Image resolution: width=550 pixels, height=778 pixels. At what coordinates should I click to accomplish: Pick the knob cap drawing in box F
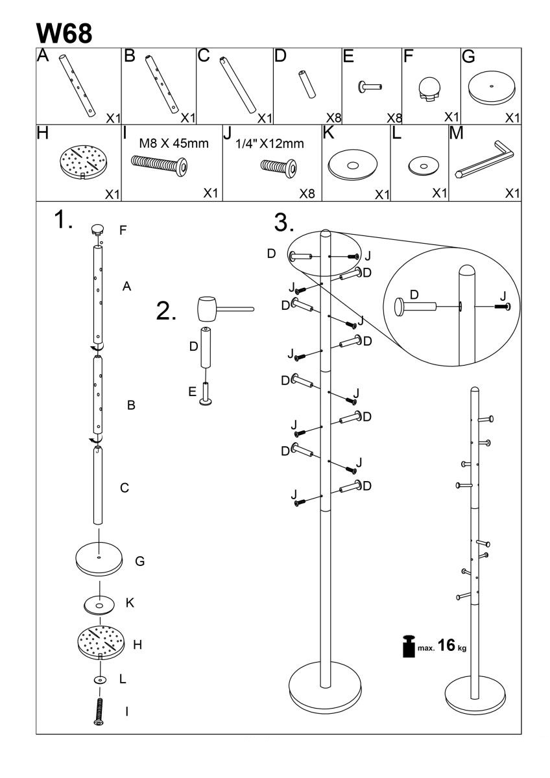point(429,89)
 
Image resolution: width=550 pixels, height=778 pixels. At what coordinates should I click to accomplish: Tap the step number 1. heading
point(64,222)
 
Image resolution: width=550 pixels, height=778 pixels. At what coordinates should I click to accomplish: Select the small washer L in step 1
point(100,680)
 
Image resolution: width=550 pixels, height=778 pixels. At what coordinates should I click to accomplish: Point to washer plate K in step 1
point(99,606)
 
